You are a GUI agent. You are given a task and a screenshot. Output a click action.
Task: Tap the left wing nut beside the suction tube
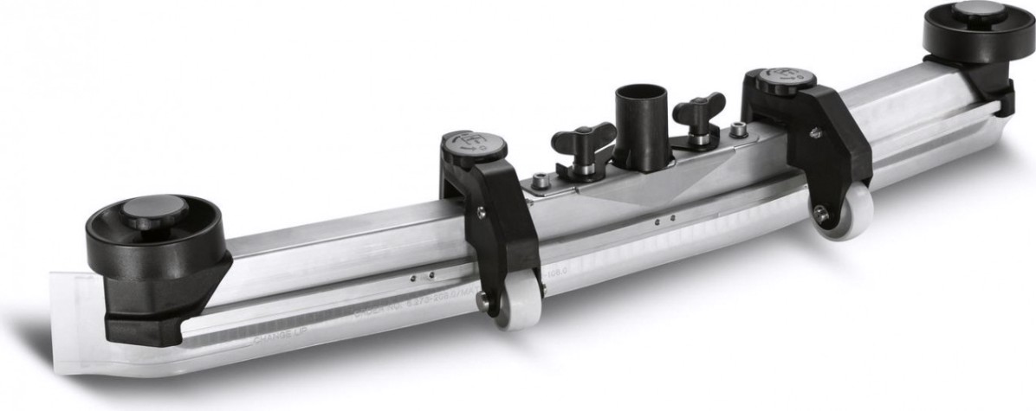(x=583, y=138)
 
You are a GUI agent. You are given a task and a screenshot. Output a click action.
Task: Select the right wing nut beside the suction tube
(x=698, y=111)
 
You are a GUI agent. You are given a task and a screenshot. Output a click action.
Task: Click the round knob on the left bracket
(x=473, y=147)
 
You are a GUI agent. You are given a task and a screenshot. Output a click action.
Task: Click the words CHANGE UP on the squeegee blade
(x=277, y=340)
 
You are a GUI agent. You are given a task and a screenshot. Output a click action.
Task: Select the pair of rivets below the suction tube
(x=663, y=222)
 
